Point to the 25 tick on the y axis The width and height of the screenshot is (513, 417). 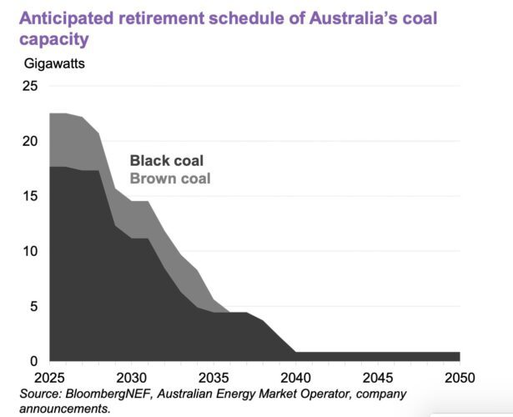click(x=29, y=86)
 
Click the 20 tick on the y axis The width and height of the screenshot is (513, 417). click(x=29, y=141)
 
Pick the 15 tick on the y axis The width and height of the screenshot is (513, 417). click(x=29, y=196)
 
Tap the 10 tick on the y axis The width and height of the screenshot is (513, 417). click(x=29, y=251)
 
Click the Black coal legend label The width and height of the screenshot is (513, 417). click(x=166, y=161)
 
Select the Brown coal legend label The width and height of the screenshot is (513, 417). click(x=170, y=178)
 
